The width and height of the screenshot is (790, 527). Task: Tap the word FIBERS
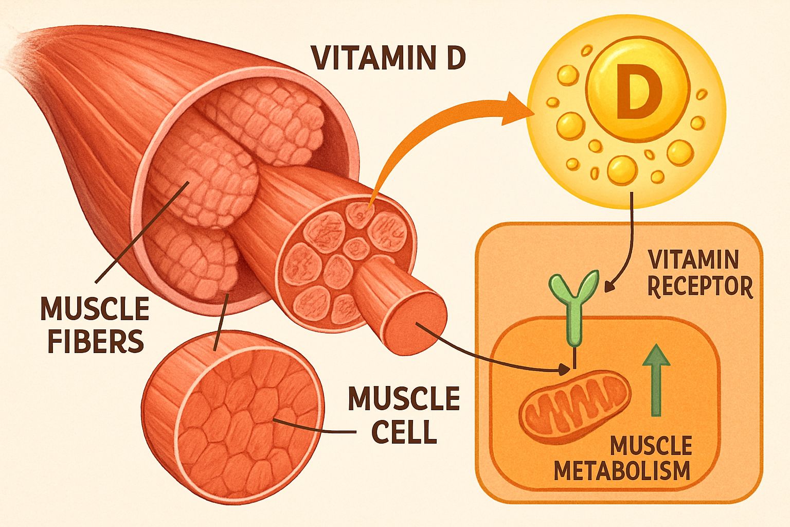pos(96,341)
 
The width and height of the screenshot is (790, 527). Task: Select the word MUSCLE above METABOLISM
pos(651,445)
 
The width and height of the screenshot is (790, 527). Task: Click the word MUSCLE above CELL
pos(404,398)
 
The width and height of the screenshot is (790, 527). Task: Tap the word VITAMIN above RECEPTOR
pos(693,260)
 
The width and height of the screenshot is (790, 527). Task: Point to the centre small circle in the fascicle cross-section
pos(354,246)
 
